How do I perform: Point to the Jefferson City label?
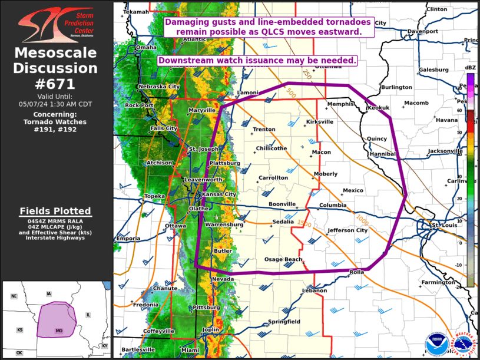pos(347,230)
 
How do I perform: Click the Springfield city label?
pos(284,322)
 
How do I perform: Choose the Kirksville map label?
pos(320,121)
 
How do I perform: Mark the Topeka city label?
pos(154,196)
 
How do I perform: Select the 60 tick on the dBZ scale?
pos(459,110)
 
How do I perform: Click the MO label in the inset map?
pos(59,331)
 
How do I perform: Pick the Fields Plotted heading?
pos(55,211)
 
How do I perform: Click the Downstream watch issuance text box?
pos(257,61)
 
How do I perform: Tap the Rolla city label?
pos(357,272)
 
